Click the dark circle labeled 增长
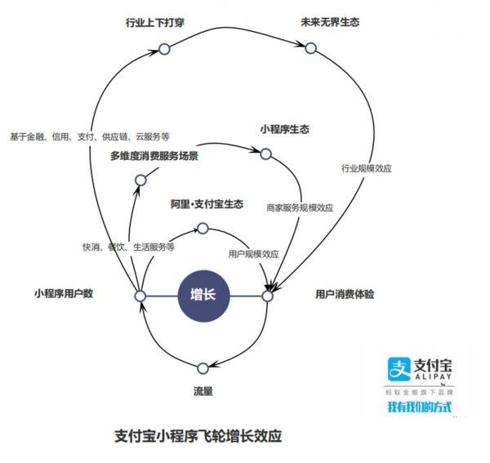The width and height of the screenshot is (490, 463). pos(204,295)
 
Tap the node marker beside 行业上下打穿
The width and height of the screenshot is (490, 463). pos(163,50)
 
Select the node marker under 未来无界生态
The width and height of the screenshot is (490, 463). pos(310,49)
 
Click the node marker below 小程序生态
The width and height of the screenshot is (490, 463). pos(265,153)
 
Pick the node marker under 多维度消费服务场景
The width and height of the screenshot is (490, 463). pos(140,180)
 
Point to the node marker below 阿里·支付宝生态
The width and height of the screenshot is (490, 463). pos(203,229)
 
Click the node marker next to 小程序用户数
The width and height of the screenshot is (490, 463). pos(140,296)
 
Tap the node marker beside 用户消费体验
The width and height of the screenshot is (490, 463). pos(267,296)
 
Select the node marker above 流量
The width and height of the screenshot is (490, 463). pos(203,368)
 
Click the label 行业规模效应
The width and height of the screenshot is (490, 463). pos(367,169)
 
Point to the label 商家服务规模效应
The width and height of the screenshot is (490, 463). pos(300,207)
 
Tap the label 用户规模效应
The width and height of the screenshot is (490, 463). pos(253,254)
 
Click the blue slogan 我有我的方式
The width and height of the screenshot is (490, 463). pos(419,406)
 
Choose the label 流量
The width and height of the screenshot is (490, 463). pos(203,392)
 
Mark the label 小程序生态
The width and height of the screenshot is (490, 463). pos(285,129)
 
